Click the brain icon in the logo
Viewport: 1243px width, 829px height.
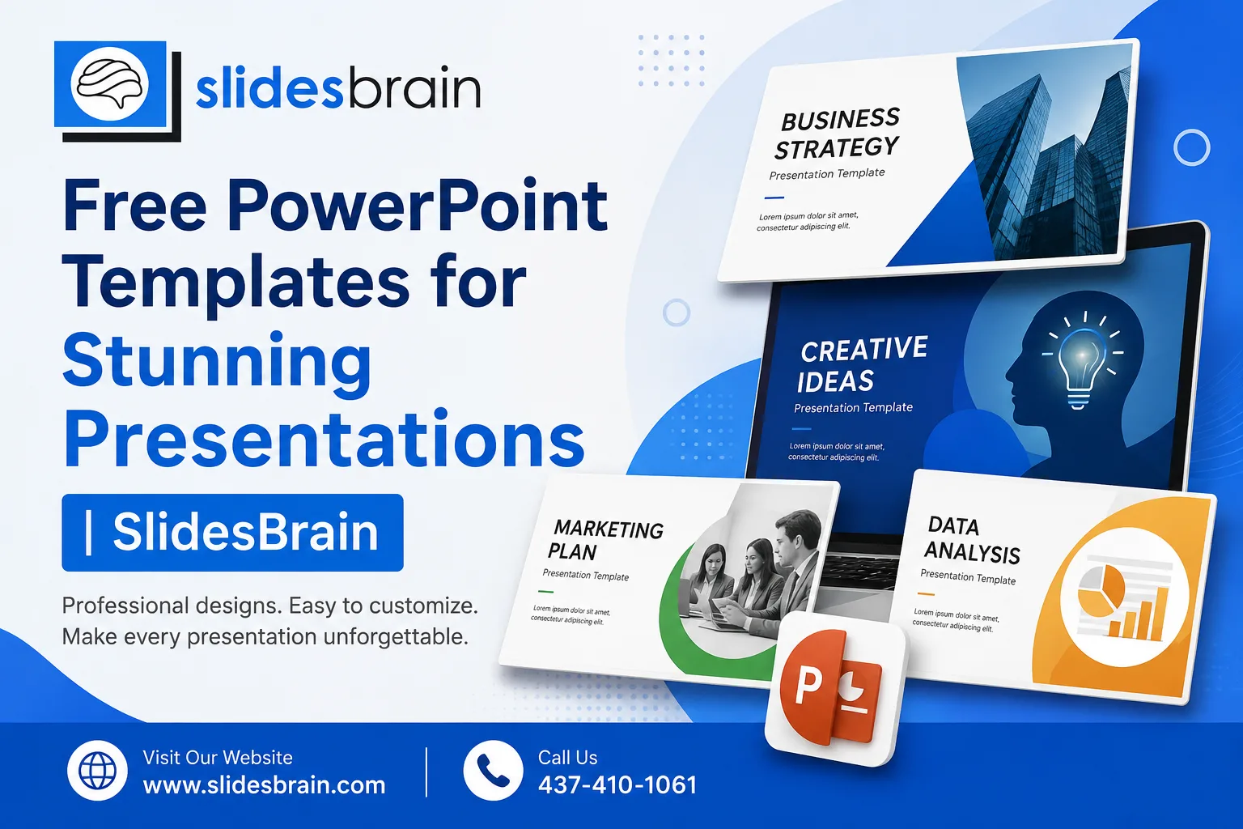[110, 83]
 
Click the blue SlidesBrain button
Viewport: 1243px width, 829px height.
[232, 532]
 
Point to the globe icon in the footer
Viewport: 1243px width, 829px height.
[98, 770]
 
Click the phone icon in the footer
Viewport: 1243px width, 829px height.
[493, 770]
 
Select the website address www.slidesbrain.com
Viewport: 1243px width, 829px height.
[264, 785]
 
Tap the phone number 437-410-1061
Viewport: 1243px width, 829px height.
[617, 785]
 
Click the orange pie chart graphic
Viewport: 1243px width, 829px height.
[1101, 590]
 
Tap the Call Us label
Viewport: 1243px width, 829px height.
[567, 758]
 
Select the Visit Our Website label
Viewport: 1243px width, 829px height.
[218, 758]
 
